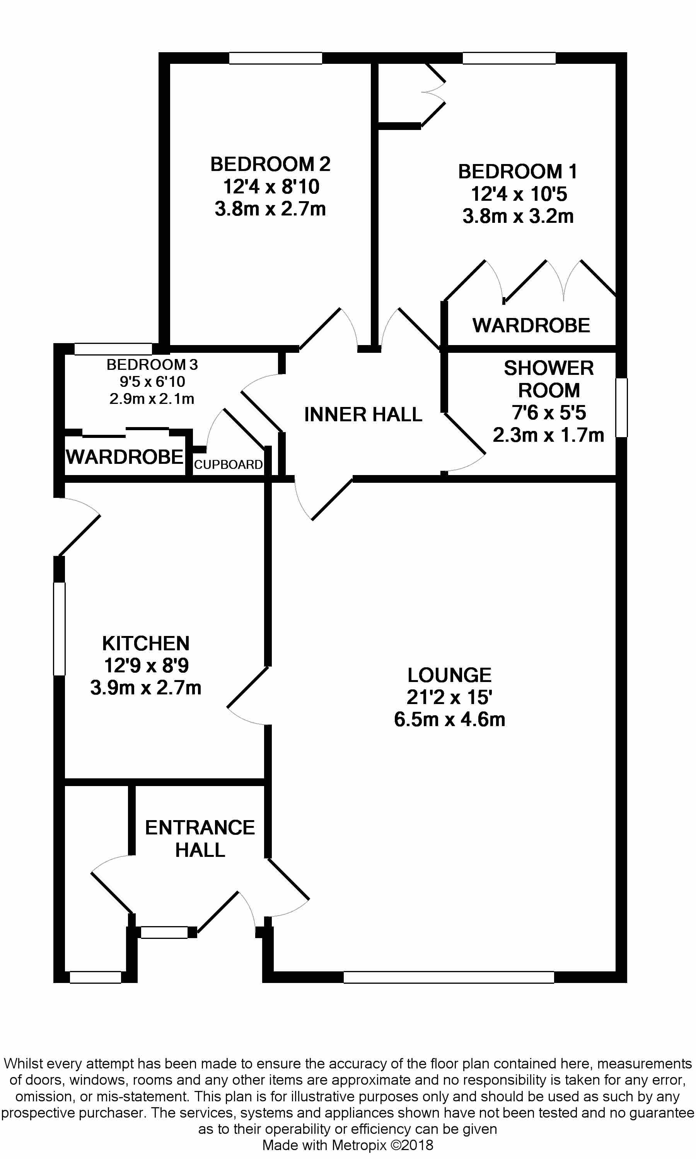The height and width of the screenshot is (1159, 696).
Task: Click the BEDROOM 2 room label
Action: pyautogui.click(x=270, y=164)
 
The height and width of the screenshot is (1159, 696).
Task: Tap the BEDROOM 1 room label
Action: pyautogui.click(x=517, y=172)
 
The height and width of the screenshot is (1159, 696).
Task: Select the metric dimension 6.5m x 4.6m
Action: pyautogui.click(x=449, y=719)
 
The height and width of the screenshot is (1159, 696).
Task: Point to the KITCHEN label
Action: pyautogui.click(x=146, y=643)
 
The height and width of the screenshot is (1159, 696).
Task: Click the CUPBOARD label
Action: pyautogui.click(x=229, y=465)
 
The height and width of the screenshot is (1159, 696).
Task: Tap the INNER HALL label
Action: pyautogui.click(x=363, y=414)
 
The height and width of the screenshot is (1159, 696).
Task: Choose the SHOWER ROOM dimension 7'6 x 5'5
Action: pyautogui.click(x=549, y=413)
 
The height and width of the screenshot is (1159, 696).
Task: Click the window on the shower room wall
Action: pyautogui.click(x=621, y=408)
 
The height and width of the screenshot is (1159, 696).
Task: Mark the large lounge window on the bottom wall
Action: pyautogui.click(x=449, y=977)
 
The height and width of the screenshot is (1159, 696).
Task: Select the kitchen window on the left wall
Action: pyautogui.click(x=59, y=629)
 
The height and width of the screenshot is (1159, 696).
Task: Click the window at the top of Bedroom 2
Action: pyautogui.click(x=275, y=58)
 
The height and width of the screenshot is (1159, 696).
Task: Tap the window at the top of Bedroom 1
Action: pyautogui.click(x=509, y=58)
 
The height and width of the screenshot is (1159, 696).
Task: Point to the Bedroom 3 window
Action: pyautogui.click(x=113, y=349)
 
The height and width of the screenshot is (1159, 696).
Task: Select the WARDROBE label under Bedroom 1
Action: pyautogui.click(x=531, y=326)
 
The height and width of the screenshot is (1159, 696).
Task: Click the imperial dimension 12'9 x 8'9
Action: pyautogui.click(x=146, y=665)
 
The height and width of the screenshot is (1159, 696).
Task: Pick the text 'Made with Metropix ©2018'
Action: pyautogui.click(x=348, y=1145)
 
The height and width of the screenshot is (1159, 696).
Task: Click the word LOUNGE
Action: pyautogui.click(x=449, y=675)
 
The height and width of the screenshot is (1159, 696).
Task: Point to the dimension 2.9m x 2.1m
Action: pyautogui.click(x=152, y=399)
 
